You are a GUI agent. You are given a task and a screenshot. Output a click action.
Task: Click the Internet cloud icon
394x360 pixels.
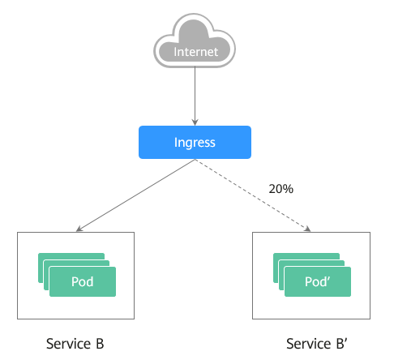click(195, 41)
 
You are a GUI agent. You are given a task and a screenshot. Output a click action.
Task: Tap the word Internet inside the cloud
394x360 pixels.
click(195, 52)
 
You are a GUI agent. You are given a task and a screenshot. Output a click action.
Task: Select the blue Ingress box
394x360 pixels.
click(195, 142)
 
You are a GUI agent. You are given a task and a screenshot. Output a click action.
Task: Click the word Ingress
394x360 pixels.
click(195, 143)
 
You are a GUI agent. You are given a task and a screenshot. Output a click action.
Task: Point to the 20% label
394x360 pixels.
click(281, 189)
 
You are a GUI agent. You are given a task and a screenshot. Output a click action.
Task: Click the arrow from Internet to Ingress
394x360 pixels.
click(195, 96)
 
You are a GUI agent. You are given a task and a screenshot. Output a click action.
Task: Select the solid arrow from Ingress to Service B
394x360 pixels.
click(135, 195)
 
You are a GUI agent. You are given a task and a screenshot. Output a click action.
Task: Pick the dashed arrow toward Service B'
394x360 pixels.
click(253, 195)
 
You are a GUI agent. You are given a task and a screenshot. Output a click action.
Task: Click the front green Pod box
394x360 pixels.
click(83, 281)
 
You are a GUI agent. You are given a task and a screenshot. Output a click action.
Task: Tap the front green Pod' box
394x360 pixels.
click(318, 281)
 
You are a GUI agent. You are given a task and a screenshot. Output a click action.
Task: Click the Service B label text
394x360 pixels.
click(75, 344)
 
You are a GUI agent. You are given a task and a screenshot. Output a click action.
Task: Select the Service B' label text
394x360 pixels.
click(316, 344)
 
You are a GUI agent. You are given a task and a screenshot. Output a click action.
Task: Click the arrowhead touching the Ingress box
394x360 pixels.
click(195, 122)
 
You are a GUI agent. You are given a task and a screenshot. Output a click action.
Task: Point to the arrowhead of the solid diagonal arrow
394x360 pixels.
click(79, 229)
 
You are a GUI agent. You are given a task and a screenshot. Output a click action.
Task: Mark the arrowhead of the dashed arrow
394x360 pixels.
click(308, 229)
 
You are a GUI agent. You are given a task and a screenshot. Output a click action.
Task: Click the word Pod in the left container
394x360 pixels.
click(83, 281)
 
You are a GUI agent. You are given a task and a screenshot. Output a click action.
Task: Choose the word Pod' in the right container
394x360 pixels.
click(317, 281)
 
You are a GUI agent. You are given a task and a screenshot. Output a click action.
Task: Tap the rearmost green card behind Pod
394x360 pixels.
click(71, 256)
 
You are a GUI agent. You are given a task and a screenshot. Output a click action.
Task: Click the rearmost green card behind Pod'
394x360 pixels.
click(306, 256)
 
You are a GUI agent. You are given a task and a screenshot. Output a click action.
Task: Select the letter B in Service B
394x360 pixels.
click(100, 344)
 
